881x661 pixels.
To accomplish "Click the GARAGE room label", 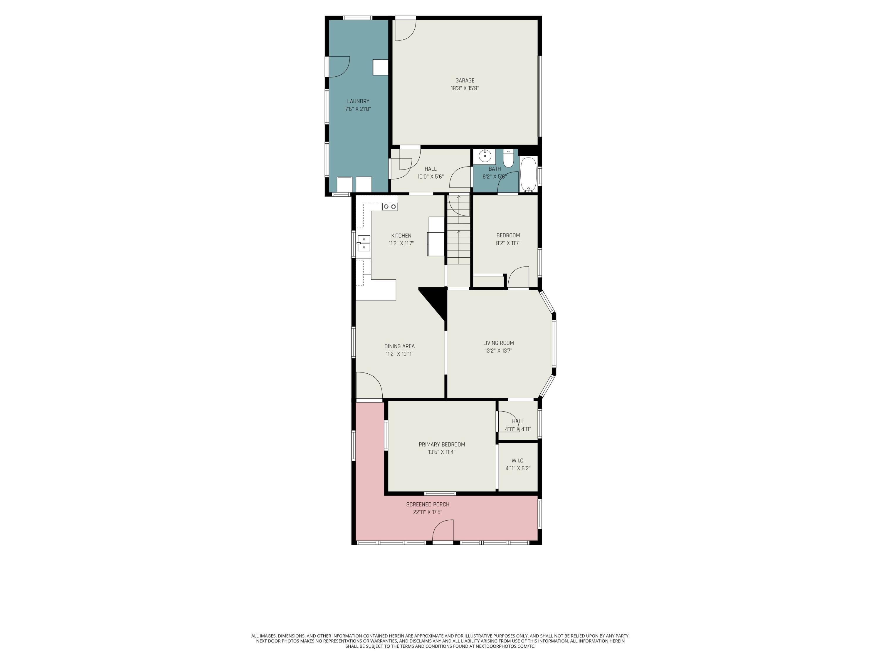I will pos(465,80).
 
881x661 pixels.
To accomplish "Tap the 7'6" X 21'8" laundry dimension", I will pos(358,109).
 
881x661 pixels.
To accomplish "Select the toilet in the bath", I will pos(508,159).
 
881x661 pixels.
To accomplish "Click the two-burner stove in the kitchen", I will pos(389,207).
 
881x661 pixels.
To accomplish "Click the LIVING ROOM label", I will pos(498,343).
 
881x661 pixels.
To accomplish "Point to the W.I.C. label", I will pos(518,461).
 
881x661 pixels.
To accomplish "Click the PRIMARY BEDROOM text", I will pos(442,445).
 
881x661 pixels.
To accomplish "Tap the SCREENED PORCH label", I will pos(428,504).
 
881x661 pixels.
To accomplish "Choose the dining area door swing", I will pos(369,385).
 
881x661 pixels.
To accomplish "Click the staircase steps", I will pos(458,239).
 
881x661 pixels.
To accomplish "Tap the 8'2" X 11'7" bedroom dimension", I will pos(508,243).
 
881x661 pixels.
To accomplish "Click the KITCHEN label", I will pos(401,236).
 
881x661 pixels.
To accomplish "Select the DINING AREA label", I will pos(399,346).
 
